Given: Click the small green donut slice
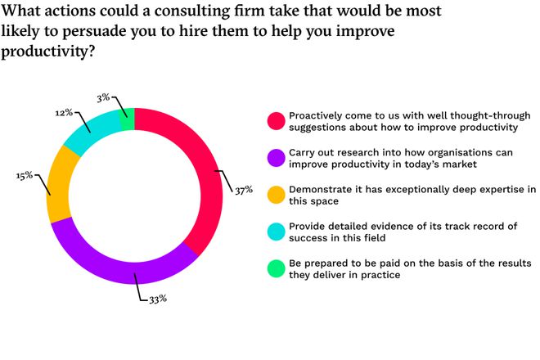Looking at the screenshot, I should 127,119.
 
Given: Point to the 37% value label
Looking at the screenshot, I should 243,191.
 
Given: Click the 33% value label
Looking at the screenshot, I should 156,299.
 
